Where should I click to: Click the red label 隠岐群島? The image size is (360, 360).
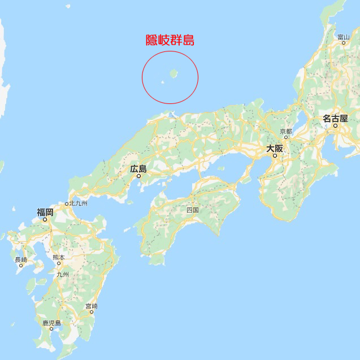pos(170,40)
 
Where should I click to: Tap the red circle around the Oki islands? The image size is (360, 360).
pos(142,77)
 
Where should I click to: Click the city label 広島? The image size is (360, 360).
pos(138,168)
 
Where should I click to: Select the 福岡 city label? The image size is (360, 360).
pos(45,212)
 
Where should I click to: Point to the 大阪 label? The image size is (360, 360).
pos(275,149)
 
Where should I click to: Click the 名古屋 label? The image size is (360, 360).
pos(335,119)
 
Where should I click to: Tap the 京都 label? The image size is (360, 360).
pos(286,131)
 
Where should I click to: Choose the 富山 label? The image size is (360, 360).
pos(343,37)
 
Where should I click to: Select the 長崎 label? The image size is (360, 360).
pos(21,260)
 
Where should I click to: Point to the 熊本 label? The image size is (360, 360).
pos(58,257)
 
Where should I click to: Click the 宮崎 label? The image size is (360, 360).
pos(91,306)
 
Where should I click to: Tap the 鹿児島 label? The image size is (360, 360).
pos(51,323)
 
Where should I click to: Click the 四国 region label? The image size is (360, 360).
pos(193,210)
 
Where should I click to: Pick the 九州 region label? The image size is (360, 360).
pos(62,274)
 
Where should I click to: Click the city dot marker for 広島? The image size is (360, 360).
pos(138,175)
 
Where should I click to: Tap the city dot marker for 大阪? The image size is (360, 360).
pos(275,155)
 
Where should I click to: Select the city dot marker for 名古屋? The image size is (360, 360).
pos(335,125)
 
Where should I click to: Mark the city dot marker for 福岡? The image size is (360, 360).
pos(45,219)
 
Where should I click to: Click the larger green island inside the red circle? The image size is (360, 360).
pos(174,73)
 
